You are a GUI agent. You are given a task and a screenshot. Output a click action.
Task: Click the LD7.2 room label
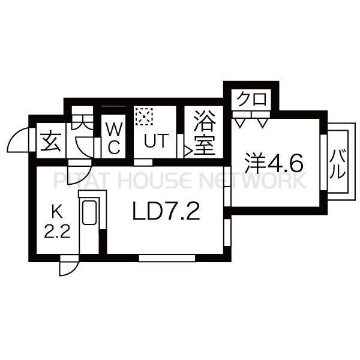(166, 211)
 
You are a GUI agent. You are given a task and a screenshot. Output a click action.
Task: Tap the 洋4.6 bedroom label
(274, 163)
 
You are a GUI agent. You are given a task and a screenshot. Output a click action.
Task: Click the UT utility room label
(155, 140)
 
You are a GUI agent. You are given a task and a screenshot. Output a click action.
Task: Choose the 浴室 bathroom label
(205, 133)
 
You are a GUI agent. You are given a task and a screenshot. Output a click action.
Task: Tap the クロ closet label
(252, 99)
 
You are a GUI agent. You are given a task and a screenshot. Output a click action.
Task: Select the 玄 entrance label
(51, 142)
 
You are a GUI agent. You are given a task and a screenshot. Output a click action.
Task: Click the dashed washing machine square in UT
(144, 116)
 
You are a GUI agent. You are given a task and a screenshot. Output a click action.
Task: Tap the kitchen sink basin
(89, 212)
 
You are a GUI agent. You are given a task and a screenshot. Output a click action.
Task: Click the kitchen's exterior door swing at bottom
(69, 269)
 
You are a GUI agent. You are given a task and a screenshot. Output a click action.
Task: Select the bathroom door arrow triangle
(188, 151)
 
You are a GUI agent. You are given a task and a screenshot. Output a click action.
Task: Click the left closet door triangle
(239, 123)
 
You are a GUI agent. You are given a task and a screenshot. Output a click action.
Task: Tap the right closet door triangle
(262, 123)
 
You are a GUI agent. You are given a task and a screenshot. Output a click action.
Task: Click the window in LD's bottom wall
(167, 258)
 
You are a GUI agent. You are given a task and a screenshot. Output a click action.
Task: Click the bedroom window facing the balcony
(323, 163)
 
